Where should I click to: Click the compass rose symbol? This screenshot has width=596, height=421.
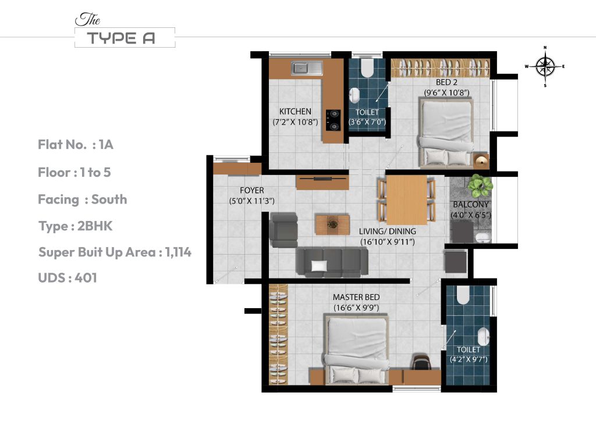point(545,66)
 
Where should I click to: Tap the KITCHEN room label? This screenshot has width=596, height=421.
point(295,112)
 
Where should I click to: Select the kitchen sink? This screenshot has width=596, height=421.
point(307,69)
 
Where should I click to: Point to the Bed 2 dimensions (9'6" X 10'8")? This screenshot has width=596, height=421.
point(446,92)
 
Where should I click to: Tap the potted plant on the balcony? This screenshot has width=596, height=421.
point(480,185)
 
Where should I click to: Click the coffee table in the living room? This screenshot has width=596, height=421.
point(332,224)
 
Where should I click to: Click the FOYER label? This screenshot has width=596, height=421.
point(251,191)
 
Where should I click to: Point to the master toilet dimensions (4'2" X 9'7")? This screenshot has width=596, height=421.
point(468,359)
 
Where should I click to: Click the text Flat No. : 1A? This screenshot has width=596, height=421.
point(76,145)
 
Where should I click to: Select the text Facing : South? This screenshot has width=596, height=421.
point(82,199)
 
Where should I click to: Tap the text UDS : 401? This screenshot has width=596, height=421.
point(68,278)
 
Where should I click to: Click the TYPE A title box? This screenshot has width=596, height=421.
point(125,38)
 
